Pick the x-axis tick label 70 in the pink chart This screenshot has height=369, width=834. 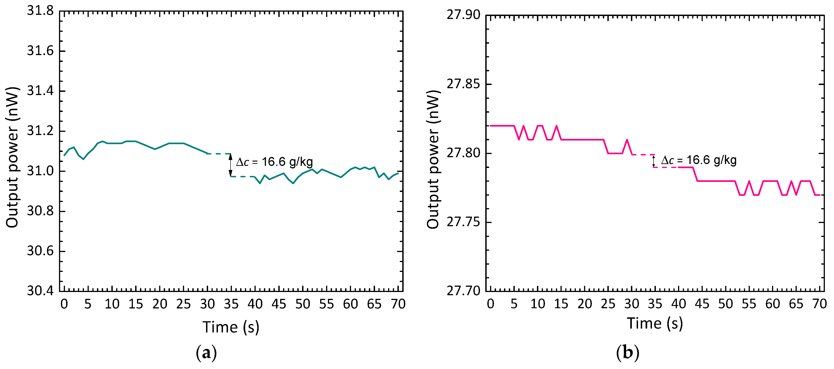tap(819, 304)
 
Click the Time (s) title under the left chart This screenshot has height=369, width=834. tap(231, 327)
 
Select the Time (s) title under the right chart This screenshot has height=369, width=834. tap(655, 323)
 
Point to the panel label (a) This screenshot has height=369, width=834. tap(206, 353)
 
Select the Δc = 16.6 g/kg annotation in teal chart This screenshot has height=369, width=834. tap(274, 162)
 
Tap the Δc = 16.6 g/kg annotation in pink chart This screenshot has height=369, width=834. tap(699, 160)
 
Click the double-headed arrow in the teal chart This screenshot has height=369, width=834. tap(231, 165)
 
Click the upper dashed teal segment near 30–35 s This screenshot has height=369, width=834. tap(219, 154)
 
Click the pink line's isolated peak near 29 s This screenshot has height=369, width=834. tap(627, 140)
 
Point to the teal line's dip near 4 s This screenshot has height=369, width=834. tap(83, 159)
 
